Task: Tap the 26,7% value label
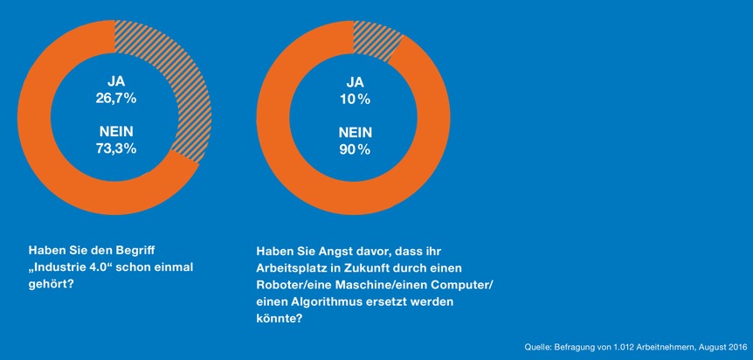pos(115,99)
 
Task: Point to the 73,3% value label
pos(115,149)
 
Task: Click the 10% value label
pos(355,99)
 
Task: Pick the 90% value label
pos(355,149)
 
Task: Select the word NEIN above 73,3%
pos(115,132)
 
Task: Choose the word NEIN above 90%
pos(355,132)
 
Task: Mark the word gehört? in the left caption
pos(51,285)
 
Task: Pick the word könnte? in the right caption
pos(280,318)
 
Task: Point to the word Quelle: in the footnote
pos(538,346)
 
